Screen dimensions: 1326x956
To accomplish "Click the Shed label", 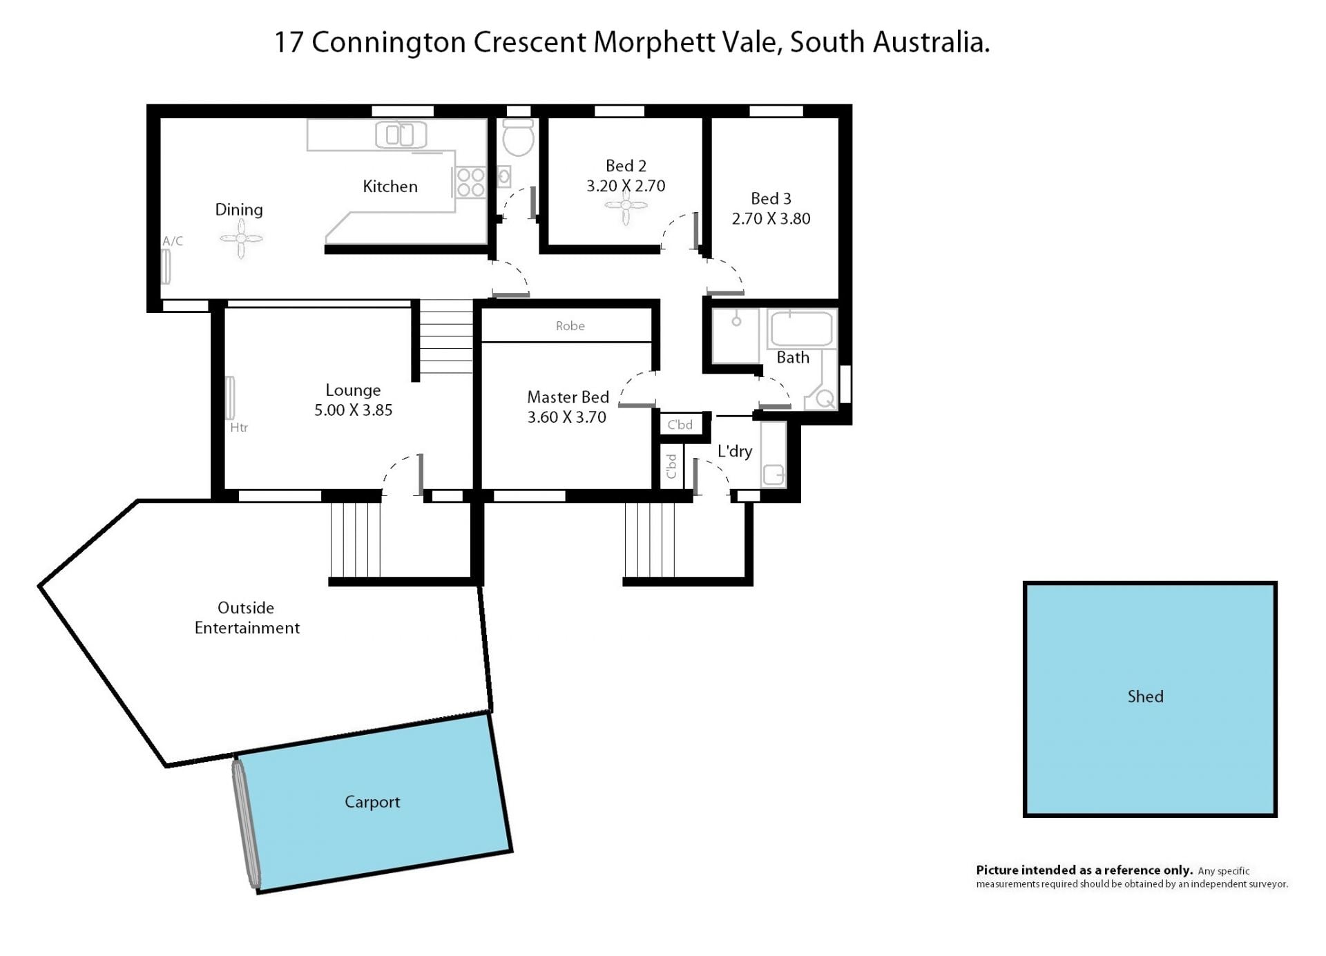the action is click(x=1145, y=696).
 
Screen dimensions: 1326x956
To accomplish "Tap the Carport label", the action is click(x=372, y=802).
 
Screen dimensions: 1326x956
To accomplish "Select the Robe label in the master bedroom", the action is click(x=570, y=326).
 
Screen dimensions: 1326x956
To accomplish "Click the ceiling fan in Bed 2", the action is click(x=626, y=204).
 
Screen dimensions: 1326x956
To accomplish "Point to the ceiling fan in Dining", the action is click(x=241, y=239).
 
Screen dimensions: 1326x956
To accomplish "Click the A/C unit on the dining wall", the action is click(x=166, y=267).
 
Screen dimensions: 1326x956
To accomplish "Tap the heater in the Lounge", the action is click(x=230, y=397).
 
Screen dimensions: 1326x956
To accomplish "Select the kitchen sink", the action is click(x=401, y=135).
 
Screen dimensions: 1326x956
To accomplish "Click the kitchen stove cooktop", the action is click(x=470, y=182).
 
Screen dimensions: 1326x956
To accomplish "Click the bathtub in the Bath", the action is click(x=801, y=329).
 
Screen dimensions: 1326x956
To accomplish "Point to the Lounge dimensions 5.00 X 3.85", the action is click(x=353, y=410).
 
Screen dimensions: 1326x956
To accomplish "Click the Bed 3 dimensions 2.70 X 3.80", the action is click(x=771, y=219).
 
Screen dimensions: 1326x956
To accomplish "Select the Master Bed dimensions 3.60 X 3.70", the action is click(x=566, y=417).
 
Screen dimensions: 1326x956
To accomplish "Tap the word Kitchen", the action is click(x=390, y=187).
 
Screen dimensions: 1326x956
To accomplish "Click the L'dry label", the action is click(x=735, y=452).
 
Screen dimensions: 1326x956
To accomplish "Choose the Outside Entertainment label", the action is click(x=247, y=618).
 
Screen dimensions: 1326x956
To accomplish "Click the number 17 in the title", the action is click(x=289, y=42).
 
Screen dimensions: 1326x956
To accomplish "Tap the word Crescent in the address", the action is click(x=529, y=42).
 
